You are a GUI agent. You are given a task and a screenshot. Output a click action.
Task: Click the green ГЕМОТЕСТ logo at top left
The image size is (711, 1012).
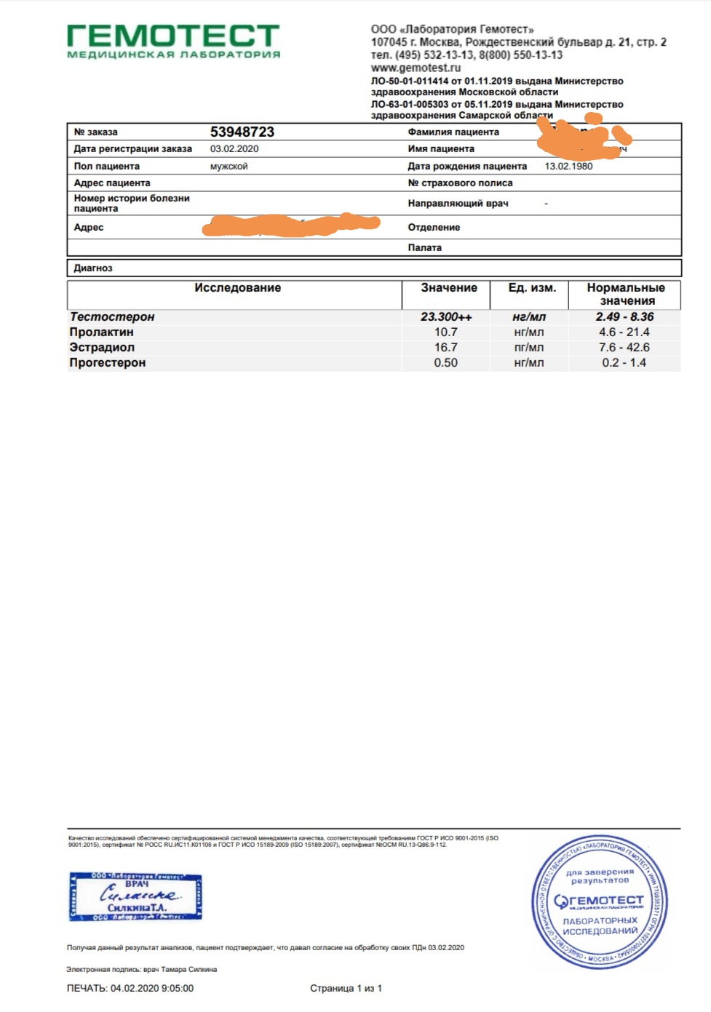click(x=173, y=40)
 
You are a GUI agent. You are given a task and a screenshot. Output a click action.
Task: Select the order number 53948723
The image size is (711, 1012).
click(x=242, y=132)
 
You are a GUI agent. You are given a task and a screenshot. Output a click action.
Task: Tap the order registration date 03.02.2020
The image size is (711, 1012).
click(x=234, y=148)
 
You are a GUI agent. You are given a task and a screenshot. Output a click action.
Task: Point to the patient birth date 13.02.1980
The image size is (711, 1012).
click(x=568, y=166)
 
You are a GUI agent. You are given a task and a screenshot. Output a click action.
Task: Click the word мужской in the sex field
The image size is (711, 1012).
click(x=229, y=166)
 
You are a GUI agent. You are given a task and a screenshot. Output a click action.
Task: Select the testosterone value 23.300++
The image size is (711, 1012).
click(x=446, y=316)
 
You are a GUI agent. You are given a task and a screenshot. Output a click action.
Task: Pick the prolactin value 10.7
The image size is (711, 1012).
click(x=446, y=332)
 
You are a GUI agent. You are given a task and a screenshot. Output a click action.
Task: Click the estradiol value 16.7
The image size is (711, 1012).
click(x=446, y=347)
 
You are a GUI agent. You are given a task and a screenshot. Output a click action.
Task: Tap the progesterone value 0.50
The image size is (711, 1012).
click(x=446, y=362)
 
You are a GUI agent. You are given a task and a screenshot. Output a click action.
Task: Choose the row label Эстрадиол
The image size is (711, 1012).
click(x=102, y=347)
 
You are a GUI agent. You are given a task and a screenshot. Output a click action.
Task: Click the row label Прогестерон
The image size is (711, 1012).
click(x=108, y=362)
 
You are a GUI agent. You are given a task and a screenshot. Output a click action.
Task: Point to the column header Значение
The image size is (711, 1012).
click(x=449, y=287)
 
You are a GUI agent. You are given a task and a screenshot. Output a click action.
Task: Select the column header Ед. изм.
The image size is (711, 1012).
click(x=532, y=287)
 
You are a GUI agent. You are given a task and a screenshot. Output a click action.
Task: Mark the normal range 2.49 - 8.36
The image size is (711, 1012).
click(x=624, y=316)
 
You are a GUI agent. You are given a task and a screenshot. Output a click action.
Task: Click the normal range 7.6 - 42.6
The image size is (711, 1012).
click(x=624, y=347)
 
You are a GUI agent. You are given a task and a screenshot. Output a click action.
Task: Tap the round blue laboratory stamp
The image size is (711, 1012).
click(x=600, y=903)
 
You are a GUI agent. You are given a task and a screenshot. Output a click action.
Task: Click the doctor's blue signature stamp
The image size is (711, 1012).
click(x=136, y=896)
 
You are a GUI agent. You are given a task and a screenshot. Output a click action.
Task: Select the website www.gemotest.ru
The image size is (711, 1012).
click(x=416, y=68)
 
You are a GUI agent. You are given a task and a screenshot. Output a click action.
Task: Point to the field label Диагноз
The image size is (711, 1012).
click(x=93, y=268)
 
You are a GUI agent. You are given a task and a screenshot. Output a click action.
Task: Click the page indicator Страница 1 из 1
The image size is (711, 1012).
click(x=346, y=988)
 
